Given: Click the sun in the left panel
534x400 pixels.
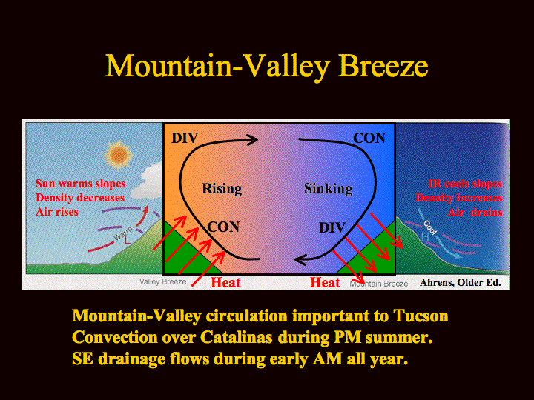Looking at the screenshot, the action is [118, 156].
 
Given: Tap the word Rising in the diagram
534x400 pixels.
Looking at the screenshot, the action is [222, 189].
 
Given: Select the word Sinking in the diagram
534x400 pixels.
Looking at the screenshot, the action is [329, 189].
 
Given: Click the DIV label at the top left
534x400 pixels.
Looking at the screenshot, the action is [185, 138].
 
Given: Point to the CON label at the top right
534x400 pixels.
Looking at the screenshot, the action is [369, 138].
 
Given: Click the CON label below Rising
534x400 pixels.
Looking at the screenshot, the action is [223, 227].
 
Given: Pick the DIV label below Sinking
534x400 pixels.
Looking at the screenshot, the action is [332, 227].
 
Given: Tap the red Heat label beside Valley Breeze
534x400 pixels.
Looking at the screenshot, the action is [225, 282].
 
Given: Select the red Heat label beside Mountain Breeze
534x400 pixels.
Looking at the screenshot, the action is [325, 282].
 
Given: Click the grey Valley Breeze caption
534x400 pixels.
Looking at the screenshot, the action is [162, 282].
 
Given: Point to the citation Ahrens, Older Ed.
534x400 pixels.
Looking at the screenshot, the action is [460, 283].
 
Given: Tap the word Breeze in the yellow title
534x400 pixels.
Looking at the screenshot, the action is [383, 65].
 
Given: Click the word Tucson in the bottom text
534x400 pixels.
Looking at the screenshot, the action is [421, 316].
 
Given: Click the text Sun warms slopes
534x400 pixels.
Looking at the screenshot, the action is [81, 184].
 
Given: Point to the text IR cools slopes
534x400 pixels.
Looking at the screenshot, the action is [465, 184].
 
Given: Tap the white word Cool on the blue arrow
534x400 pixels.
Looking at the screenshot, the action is [429, 227].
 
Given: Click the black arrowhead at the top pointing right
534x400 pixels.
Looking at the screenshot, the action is [251, 139].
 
